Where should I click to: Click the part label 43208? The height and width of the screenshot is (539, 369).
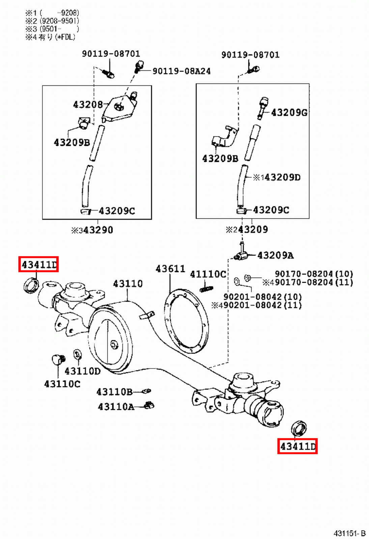(x=88, y=105)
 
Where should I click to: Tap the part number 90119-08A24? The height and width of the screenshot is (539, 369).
(x=181, y=71)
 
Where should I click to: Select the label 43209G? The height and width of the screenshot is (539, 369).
(x=289, y=113)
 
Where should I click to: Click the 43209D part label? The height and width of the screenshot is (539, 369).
(x=282, y=178)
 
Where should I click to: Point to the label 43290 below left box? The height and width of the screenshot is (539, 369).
(x=98, y=230)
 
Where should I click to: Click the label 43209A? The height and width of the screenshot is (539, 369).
(x=275, y=256)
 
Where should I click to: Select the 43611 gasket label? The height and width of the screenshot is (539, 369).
(x=170, y=269)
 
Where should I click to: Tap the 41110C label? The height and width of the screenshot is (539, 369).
(x=208, y=275)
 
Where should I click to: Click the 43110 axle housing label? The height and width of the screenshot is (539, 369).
(x=128, y=284)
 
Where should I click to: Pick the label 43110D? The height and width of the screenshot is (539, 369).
(x=82, y=371)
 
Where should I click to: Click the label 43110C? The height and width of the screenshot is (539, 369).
(x=62, y=384)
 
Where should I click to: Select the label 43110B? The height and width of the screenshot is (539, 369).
(x=114, y=392)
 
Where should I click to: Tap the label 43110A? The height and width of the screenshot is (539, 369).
(x=116, y=407)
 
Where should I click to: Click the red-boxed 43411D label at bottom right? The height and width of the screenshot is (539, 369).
(x=297, y=446)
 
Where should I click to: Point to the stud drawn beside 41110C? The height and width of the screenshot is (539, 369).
(x=206, y=289)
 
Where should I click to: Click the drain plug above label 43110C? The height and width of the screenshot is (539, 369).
(x=58, y=359)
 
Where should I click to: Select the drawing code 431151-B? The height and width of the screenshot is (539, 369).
(x=349, y=533)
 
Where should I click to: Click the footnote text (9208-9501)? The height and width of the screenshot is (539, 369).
(x=59, y=21)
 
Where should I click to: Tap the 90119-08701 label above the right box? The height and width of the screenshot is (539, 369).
(x=250, y=55)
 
